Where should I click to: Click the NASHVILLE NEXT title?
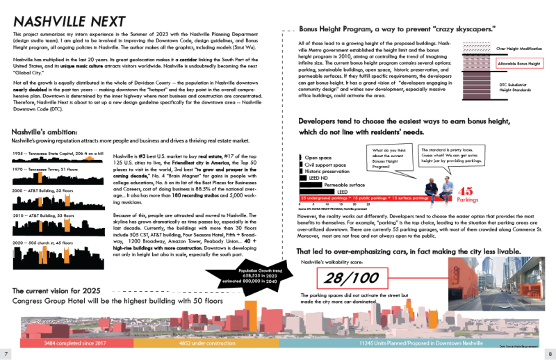69,22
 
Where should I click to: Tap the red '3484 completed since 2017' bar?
76,343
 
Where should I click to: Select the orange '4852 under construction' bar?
206,343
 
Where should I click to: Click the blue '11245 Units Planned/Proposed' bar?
410,343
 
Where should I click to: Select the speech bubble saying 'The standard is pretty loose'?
452,155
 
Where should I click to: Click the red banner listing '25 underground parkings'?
365,199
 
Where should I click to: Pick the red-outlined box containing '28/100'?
352,279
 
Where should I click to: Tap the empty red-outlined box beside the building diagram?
519,63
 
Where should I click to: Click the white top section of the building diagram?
476,48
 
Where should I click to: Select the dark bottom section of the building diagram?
476,86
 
